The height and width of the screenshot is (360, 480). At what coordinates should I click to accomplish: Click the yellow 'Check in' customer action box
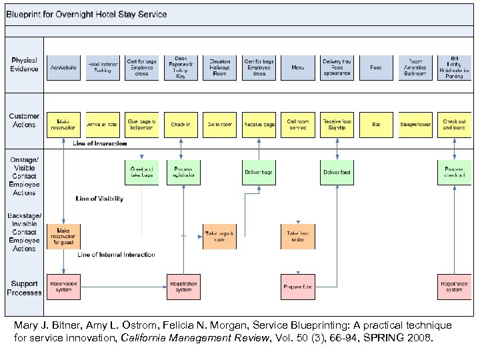pos(181,124)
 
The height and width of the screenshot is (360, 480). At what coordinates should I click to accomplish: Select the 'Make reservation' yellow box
pos(63,124)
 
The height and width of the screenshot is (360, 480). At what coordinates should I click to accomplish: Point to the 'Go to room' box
pos(219,124)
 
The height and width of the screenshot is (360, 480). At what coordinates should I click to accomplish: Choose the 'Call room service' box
pos(297,124)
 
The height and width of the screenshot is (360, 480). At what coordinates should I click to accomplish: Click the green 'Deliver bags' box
pos(259,173)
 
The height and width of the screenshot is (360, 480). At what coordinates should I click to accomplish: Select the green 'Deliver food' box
pos(337,173)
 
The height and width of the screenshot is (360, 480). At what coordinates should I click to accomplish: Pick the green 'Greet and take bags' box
pos(141,173)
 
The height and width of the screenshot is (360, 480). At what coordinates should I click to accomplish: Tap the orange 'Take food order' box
pos(297,236)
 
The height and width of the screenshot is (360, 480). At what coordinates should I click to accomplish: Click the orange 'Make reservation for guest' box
pos(63,236)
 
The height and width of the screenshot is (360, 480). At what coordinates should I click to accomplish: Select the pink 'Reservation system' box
pos(63,287)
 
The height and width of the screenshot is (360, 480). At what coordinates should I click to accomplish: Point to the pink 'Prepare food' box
pos(297,287)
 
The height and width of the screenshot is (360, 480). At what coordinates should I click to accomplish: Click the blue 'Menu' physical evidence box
pos(297,67)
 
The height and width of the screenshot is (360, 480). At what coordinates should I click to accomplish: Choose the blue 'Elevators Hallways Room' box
pos(219,67)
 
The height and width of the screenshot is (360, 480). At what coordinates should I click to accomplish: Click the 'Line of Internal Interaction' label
pos(116,255)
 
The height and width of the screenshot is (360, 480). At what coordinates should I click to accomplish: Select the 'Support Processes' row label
pos(24,287)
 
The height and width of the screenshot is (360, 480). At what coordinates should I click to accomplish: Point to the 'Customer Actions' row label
pos(24,121)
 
